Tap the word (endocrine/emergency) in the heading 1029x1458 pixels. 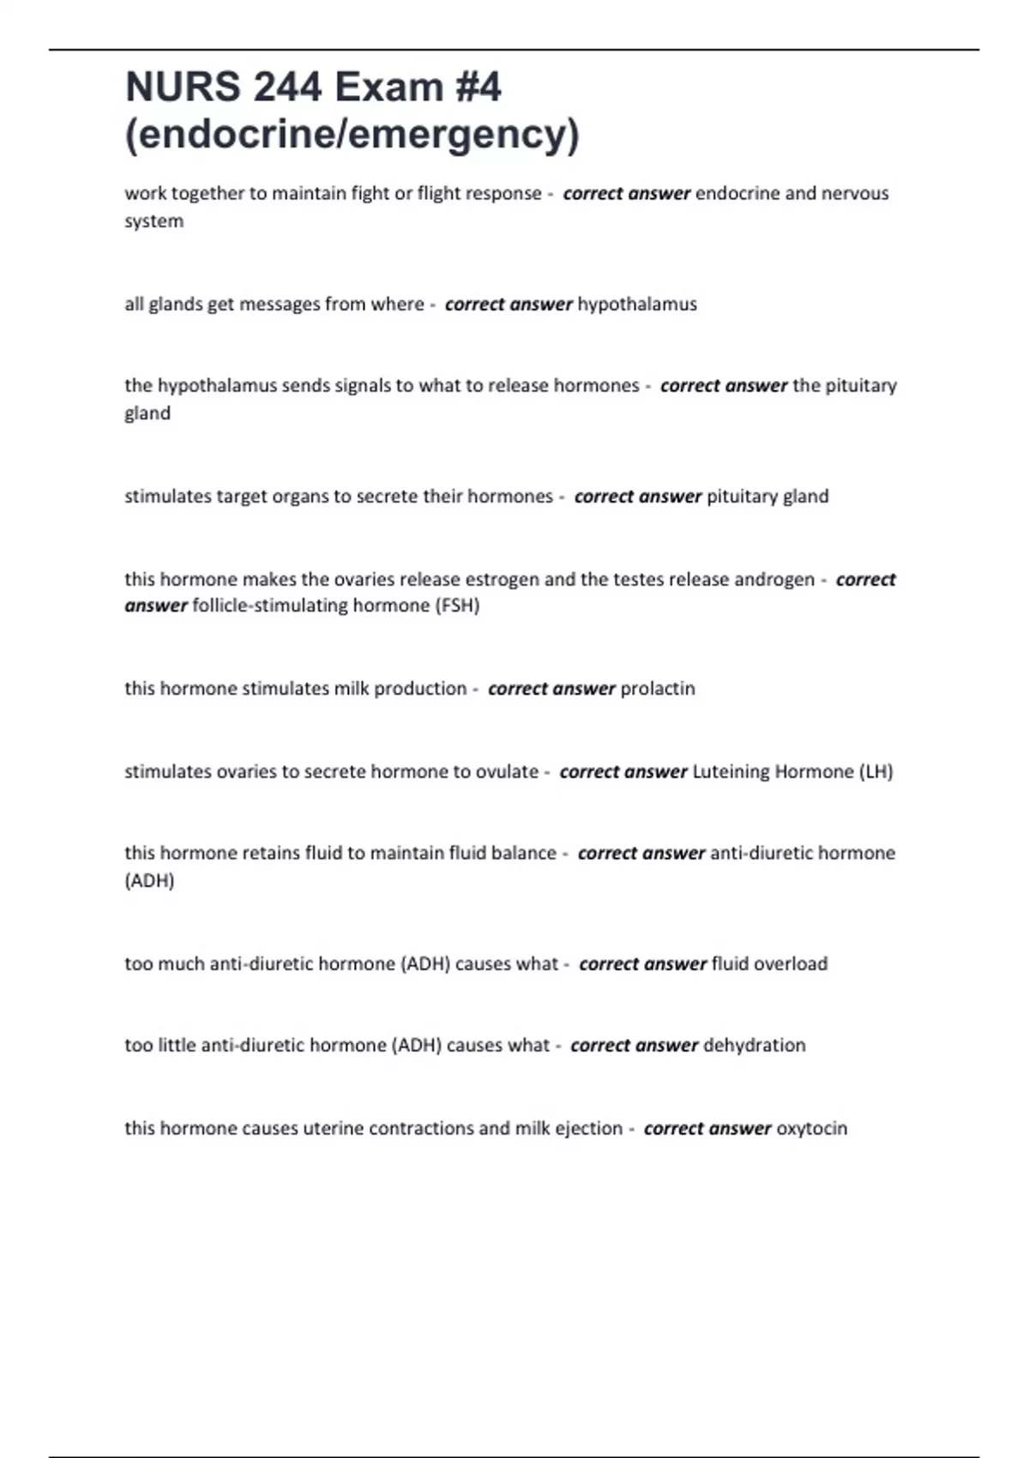pos(352,135)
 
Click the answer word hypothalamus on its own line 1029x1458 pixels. pos(637,304)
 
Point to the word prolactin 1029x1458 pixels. pos(658,689)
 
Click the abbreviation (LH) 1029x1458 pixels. pos(876,772)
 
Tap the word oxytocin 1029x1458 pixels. pos(811,1129)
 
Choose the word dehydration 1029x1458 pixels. pos(755,1045)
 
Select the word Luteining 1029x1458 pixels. pos(731,772)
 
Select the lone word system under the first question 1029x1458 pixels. pos(153,221)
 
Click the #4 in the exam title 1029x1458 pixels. pos(478,87)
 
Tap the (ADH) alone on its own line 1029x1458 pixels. pos(149,881)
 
